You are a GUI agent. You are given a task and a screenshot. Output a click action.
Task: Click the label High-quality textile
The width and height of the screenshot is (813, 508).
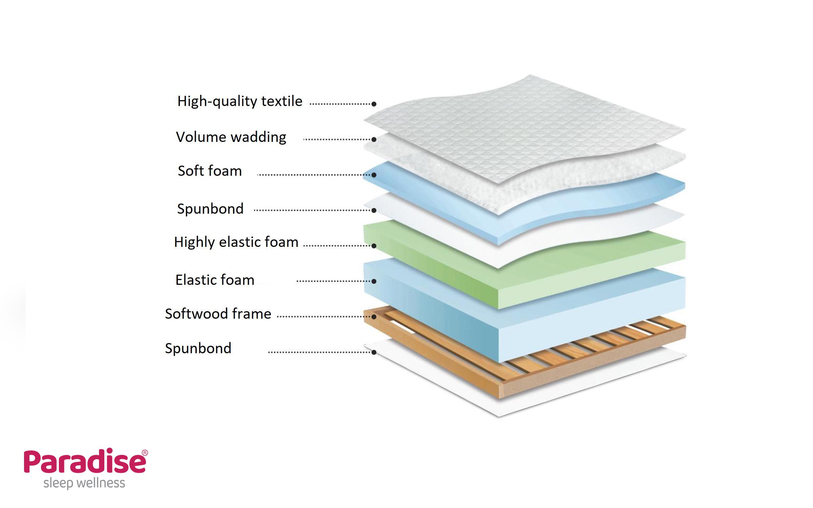tap(240, 101)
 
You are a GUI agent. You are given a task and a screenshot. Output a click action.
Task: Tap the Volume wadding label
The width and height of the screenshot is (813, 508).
tap(231, 137)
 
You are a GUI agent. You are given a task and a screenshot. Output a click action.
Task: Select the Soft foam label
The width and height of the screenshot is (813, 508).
tap(210, 171)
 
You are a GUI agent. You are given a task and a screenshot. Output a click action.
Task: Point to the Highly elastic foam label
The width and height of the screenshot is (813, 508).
tap(236, 242)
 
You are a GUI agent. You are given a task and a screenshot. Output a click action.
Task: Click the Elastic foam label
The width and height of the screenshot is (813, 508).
tap(215, 280)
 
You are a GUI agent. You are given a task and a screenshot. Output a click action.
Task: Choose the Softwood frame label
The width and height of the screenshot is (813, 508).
tap(218, 314)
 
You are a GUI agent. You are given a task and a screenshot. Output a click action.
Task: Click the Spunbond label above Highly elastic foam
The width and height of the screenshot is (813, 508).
tap(210, 209)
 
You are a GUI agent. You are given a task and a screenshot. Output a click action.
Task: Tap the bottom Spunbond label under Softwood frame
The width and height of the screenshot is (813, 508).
tap(198, 348)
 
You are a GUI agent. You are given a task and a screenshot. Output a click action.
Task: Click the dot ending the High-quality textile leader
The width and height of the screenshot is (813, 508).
tap(374, 104)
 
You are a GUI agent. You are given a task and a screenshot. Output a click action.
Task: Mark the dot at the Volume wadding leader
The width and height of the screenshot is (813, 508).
tap(374, 139)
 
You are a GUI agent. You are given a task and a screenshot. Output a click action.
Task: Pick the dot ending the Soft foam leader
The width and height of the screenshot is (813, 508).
tap(374, 175)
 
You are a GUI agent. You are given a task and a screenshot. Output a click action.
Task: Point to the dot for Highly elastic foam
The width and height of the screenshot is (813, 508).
tap(374, 246)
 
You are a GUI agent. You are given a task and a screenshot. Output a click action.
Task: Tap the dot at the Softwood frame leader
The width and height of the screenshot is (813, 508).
tap(374, 317)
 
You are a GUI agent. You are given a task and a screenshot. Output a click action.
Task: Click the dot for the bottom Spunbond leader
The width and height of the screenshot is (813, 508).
tap(374, 352)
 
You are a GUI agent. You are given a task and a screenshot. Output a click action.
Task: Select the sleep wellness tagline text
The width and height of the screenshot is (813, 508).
tap(84, 483)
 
